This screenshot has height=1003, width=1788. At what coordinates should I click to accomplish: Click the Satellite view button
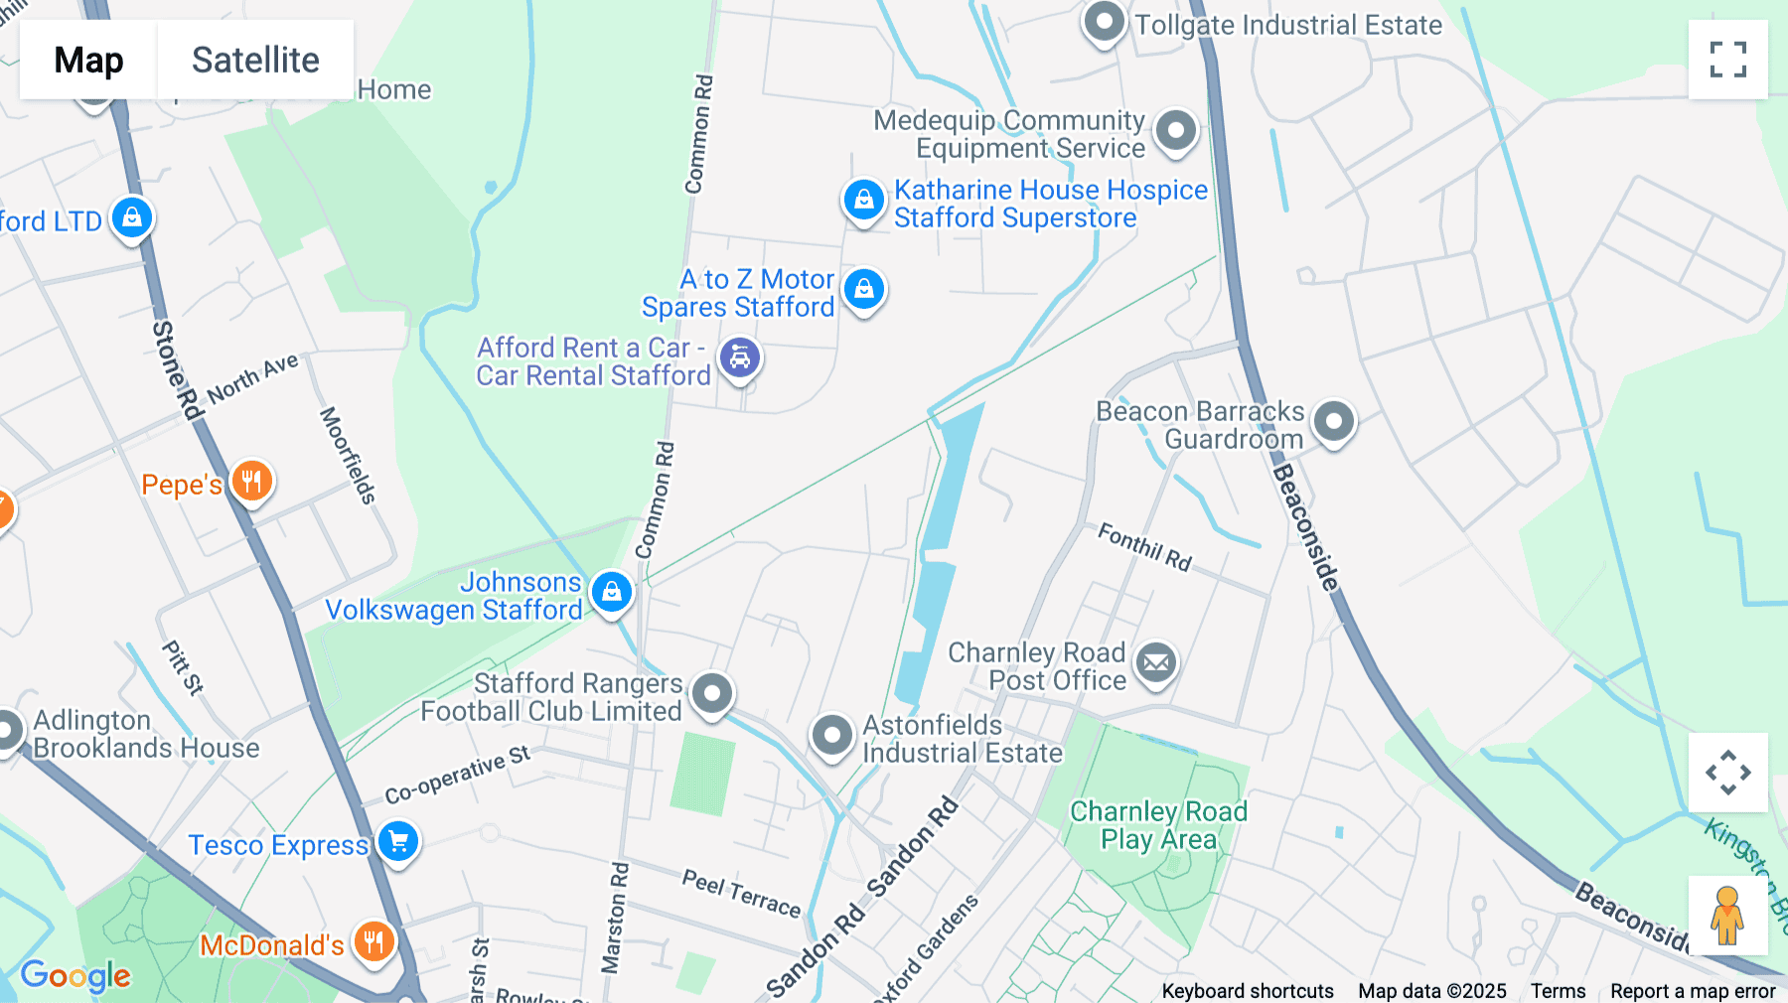pos(255,60)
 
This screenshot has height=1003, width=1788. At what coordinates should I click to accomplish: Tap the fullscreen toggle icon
pos(1727,60)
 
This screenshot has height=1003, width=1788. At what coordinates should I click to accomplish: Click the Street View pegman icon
pos(1727,915)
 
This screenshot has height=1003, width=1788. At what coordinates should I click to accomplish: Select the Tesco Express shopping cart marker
pos(398,841)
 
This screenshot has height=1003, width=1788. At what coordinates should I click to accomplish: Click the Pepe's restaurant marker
pos(251,482)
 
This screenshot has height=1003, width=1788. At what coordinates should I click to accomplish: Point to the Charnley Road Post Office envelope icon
pos(1156,662)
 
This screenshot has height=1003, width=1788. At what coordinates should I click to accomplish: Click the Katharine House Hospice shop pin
pos(863,200)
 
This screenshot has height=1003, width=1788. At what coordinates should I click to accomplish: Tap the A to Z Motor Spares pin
pos(864,289)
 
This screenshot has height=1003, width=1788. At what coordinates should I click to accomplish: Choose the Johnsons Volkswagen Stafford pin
pos(611,592)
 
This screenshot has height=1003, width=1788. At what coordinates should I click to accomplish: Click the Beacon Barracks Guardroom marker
pos(1333,421)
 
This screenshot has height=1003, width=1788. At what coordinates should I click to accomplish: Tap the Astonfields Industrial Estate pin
pos(831,736)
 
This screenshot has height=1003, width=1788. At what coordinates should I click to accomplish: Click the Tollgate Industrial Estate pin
pos(1104,21)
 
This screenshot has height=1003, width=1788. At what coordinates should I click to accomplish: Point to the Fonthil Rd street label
pos(1144,547)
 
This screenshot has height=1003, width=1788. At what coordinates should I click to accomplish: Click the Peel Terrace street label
pos(741,893)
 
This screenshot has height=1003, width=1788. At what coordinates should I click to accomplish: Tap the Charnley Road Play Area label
pos(1158,825)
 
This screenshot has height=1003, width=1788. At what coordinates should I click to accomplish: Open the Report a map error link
pos(1692,990)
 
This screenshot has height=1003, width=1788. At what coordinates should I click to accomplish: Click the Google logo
pos(75,975)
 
